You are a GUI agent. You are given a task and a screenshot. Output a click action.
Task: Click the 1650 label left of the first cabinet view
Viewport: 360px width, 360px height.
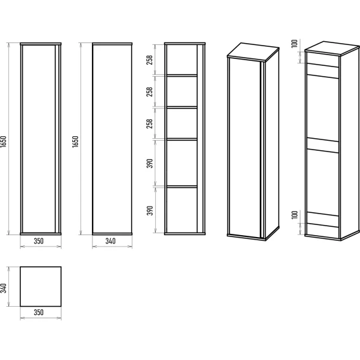tap(3, 142)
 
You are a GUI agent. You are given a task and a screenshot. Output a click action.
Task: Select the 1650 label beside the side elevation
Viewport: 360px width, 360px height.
tap(75, 142)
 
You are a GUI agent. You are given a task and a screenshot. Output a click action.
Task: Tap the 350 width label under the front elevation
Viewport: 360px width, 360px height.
tap(39, 241)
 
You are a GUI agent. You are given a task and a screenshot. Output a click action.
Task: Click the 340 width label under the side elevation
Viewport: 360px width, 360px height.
tap(110, 241)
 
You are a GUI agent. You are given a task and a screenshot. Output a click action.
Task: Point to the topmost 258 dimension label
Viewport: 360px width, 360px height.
tap(150, 60)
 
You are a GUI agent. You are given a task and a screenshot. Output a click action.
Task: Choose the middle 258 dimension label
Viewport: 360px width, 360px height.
tap(150, 92)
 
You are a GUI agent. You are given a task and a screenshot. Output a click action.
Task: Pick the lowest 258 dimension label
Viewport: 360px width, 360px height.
tap(150, 124)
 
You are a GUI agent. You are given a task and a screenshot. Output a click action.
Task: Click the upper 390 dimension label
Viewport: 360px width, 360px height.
tap(150, 164)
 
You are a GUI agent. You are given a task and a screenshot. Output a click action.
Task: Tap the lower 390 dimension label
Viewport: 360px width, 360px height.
tap(150, 210)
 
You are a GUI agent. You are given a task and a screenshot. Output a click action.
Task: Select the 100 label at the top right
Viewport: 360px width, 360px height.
tap(295, 44)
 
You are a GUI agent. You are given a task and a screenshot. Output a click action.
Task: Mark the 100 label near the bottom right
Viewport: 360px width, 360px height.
tap(295, 215)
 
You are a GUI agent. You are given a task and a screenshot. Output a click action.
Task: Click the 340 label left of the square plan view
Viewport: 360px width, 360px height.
tap(3, 288)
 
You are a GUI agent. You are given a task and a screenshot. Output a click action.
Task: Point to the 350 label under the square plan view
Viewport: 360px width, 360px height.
tap(39, 312)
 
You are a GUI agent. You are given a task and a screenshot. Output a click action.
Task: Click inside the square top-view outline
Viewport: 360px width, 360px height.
tap(41, 286)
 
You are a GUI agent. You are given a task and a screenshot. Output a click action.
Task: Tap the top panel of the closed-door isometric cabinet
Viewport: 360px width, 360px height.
tap(254, 52)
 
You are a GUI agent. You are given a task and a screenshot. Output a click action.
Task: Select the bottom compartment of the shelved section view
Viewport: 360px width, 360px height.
tap(182, 210)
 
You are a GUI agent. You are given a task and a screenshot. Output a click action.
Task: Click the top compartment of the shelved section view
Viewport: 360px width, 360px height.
tap(182, 60)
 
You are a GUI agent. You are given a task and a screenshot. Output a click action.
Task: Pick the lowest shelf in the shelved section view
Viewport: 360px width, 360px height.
tap(182, 187)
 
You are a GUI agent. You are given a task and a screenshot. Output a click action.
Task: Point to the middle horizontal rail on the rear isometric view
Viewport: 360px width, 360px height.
tap(323, 145)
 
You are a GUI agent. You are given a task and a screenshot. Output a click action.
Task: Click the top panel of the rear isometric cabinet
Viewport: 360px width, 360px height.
tap(332, 48)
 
